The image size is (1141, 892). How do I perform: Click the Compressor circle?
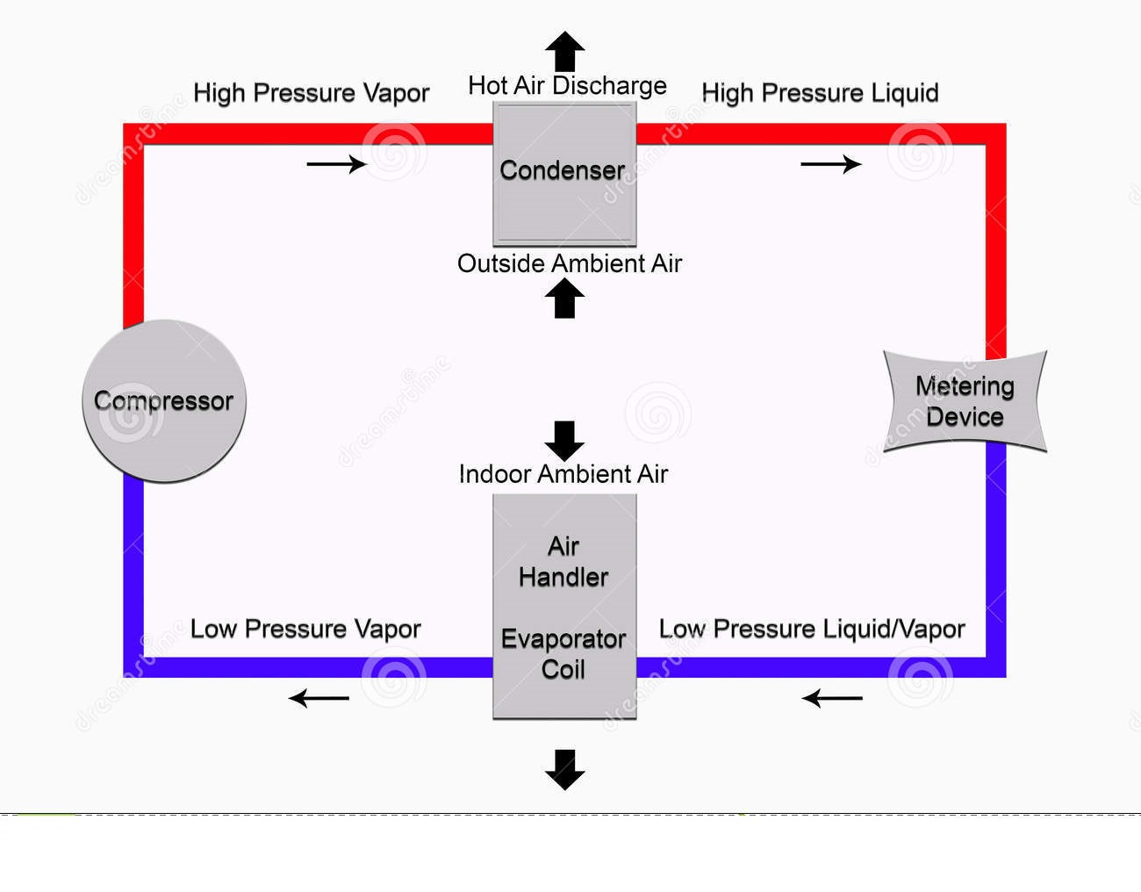[x=164, y=401]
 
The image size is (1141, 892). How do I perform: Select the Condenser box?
[x=563, y=173]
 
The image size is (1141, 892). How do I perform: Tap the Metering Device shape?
[x=965, y=401]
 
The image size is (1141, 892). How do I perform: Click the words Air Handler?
[x=563, y=562]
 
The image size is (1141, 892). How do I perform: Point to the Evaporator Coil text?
[x=563, y=654]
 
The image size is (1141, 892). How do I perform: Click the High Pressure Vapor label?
[x=311, y=93]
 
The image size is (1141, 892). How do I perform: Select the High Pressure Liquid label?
[x=820, y=93]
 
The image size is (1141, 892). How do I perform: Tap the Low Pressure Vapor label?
[x=305, y=629]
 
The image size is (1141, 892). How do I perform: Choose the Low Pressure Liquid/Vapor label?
[x=812, y=629]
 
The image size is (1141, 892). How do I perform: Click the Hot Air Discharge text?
[x=567, y=86]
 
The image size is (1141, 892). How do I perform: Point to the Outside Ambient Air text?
[x=569, y=263]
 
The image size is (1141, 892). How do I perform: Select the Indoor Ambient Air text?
[x=563, y=474]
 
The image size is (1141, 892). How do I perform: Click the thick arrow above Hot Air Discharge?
[x=564, y=51]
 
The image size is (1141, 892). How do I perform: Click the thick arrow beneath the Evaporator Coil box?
[x=564, y=769]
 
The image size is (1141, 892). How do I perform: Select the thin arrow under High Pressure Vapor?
[x=336, y=164]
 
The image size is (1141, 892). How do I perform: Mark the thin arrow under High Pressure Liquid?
[x=830, y=164]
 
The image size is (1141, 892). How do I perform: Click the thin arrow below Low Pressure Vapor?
[x=319, y=699]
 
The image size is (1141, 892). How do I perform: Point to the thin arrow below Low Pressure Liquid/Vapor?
[x=832, y=699]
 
